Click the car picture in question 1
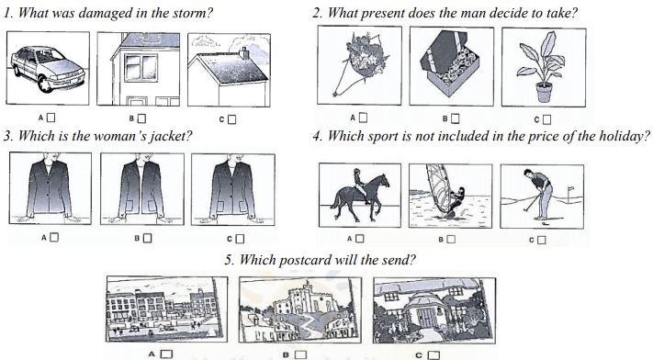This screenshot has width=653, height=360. click(x=48, y=68)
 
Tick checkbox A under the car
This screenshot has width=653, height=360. click(x=51, y=118)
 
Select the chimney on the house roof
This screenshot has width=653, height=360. click(x=244, y=53)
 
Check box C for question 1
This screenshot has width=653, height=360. click(x=232, y=119)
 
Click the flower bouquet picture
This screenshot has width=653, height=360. click(x=359, y=65)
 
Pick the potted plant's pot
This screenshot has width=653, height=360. click(x=545, y=92)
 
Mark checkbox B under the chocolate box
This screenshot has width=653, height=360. click(x=456, y=118)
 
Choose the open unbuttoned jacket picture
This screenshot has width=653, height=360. click(x=142, y=189)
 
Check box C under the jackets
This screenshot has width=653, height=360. click(x=240, y=239)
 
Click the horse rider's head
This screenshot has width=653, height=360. click(x=357, y=171)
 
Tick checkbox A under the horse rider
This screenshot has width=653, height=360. click(x=360, y=239)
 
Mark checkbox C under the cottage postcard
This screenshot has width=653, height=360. click(x=433, y=355)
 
